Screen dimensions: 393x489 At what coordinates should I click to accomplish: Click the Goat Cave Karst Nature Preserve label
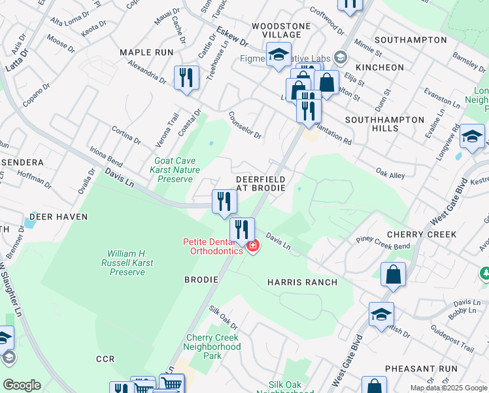(x=177, y=169)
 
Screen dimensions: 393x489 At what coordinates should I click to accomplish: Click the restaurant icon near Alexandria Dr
(x=186, y=78)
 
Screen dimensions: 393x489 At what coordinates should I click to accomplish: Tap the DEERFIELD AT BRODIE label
(x=260, y=183)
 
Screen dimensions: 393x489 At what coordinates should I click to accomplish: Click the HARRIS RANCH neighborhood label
(x=302, y=282)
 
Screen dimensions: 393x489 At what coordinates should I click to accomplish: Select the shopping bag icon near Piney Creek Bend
(x=393, y=275)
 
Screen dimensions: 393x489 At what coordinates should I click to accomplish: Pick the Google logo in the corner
(x=22, y=385)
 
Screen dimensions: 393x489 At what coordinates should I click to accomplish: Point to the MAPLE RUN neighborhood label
(x=146, y=52)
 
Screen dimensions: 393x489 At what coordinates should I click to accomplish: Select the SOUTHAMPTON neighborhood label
(x=411, y=40)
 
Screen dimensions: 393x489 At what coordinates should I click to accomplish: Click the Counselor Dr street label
(x=245, y=125)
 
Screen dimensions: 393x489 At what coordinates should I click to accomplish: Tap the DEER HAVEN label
(x=54, y=216)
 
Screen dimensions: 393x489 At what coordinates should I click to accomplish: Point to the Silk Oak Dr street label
(x=223, y=318)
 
